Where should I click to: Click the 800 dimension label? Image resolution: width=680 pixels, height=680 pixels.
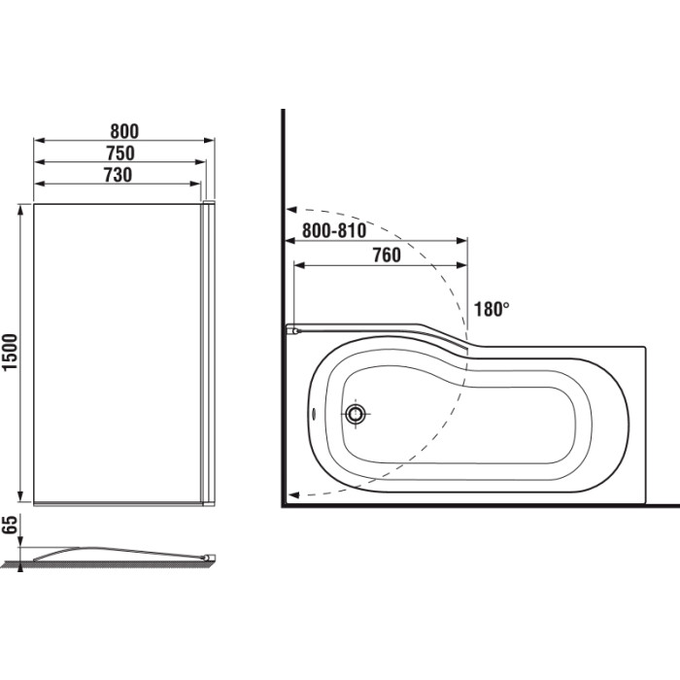pos(124,131)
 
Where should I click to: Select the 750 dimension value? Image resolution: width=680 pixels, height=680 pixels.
pos(120,153)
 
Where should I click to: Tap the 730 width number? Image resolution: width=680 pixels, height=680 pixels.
pos(118,175)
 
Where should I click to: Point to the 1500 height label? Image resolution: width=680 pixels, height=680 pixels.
pos(10,352)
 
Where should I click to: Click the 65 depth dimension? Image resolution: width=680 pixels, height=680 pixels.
pos(10,525)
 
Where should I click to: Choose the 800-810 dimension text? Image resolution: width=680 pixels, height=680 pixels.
pos(334,231)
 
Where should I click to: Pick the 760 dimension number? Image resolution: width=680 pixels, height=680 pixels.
pos(387,255)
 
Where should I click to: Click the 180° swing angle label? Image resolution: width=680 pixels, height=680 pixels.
pos(492,309)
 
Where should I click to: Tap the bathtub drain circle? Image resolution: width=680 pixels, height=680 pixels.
pos(357,413)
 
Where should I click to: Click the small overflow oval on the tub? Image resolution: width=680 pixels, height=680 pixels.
pos(314,413)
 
